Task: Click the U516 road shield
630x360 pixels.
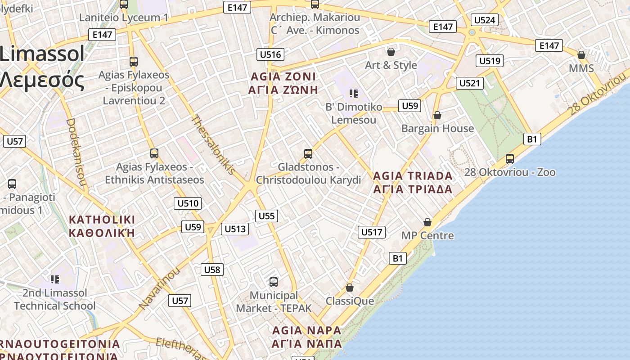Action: (270, 55)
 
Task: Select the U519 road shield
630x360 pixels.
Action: (490, 61)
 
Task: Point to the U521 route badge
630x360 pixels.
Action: (470, 83)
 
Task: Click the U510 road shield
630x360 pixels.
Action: (188, 203)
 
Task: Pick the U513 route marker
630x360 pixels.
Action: (235, 229)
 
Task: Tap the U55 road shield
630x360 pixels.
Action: (266, 216)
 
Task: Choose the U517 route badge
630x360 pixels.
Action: (372, 232)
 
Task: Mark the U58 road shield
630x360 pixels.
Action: (212, 270)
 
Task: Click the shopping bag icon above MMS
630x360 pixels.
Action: (581, 55)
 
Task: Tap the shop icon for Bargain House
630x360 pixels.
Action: (437, 115)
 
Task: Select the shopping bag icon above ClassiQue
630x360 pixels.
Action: (350, 287)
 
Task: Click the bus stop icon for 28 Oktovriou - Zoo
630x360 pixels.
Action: (509, 158)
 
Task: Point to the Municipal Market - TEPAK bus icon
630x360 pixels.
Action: (273, 282)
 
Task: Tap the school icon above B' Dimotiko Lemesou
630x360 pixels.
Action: (354, 94)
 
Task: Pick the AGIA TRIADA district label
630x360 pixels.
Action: (413, 182)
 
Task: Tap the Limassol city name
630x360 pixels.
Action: (42, 54)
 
